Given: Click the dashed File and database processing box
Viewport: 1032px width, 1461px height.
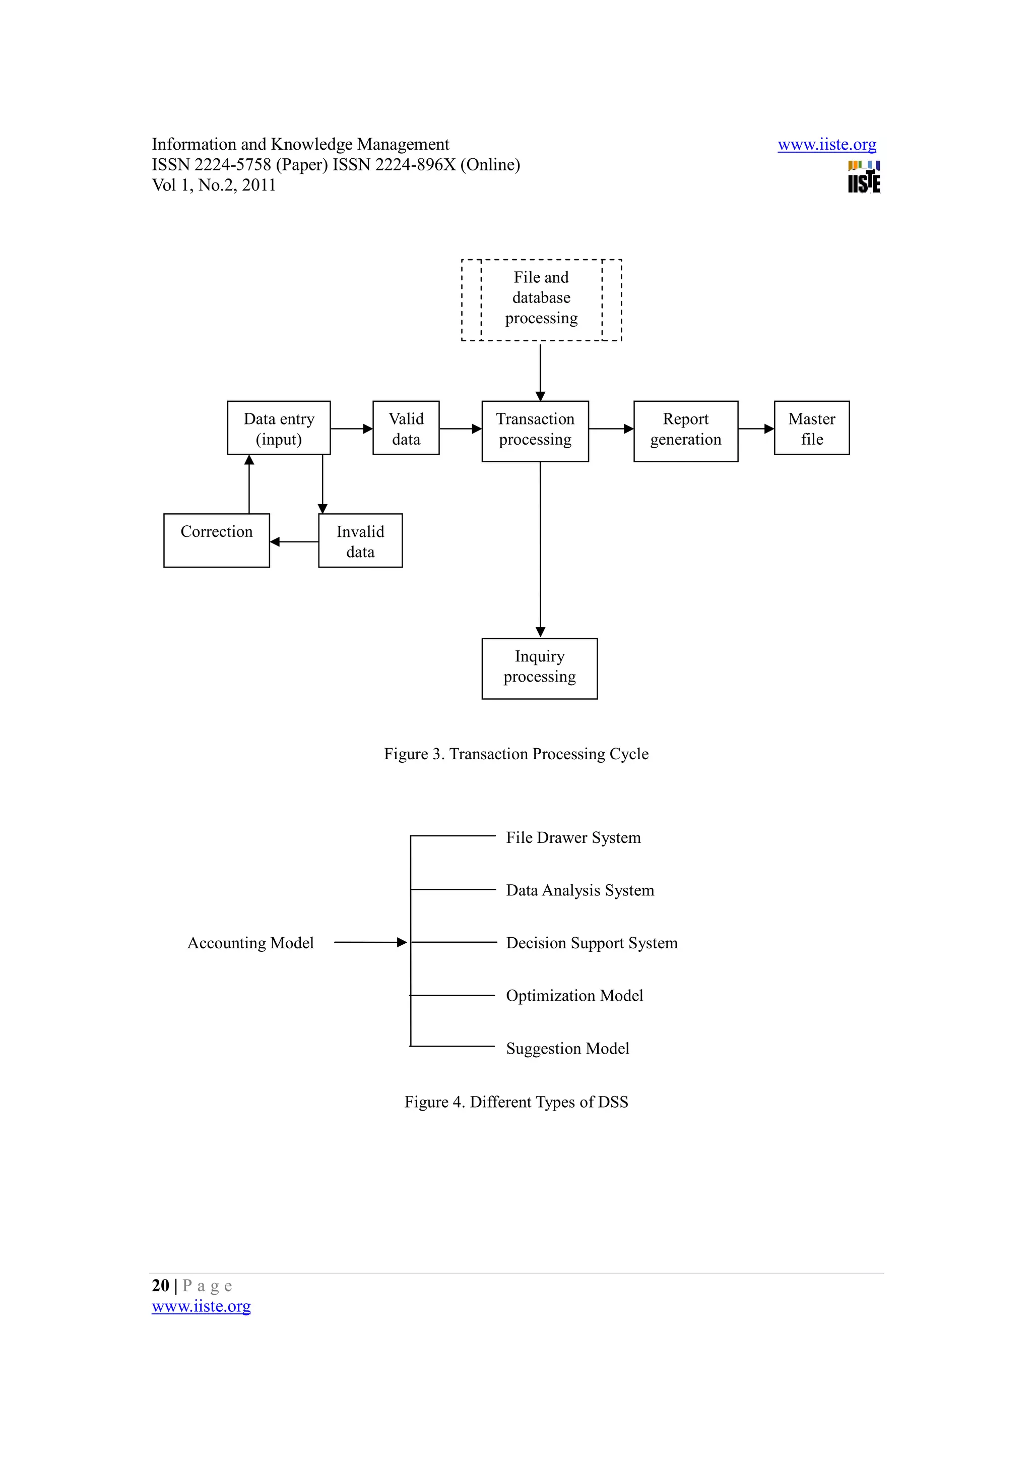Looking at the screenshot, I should click(541, 299).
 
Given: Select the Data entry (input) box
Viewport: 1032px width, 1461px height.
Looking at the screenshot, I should click(279, 428).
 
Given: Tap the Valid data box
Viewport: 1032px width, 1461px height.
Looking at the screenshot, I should click(406, 428).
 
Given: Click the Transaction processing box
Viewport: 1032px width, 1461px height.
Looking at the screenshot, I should click(535, 431).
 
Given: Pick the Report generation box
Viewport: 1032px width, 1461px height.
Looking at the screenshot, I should click(685, 431).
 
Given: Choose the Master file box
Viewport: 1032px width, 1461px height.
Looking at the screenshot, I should click(811, 428).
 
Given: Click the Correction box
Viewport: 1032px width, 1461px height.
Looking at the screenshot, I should click(216, 540).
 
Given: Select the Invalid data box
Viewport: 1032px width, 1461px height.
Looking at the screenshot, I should click(360, 541).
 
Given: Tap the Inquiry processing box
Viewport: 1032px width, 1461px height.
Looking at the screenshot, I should click(539, 668).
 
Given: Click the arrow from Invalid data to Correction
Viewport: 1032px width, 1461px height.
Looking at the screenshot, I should click(294, 542).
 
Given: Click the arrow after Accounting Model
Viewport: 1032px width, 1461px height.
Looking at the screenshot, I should click(370, 942).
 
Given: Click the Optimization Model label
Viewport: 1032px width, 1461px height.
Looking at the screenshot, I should click(574, 996).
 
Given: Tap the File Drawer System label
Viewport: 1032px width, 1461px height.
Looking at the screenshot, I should click(573, 838).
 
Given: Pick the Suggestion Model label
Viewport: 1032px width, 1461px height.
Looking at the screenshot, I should click(567, 1049).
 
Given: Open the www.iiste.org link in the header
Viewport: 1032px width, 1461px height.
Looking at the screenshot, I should click(826, 145).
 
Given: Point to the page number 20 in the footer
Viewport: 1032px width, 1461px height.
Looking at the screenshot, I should click(160, 1286).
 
